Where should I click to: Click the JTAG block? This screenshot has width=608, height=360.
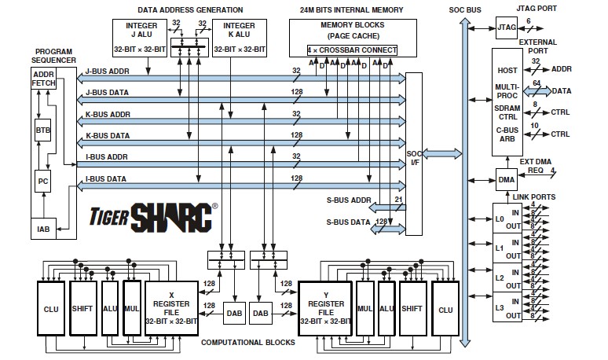(x=507, y=28)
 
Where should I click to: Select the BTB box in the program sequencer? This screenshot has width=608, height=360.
(x=42, y=130)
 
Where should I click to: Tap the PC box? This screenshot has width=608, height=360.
(x=42, y=181)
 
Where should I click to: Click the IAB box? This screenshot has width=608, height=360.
(x=43, y=229)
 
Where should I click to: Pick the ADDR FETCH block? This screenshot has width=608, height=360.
(x=43, y=79)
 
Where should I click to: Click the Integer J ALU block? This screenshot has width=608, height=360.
(x=140, y=38)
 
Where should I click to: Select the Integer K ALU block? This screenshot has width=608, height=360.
(x=240, y=38)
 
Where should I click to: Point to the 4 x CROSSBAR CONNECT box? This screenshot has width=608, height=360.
(x=352, y=50)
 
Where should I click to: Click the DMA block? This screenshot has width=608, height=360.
(x=507, y=180)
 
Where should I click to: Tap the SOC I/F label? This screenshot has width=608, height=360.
(x=414, y=158)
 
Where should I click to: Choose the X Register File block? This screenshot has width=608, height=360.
(x=171, y=308)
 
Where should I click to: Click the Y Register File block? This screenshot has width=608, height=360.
(x=325, y=308)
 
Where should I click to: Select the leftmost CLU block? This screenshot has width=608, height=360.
(x=51, y=308)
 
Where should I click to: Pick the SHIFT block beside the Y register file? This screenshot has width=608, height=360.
(x=412, y=308)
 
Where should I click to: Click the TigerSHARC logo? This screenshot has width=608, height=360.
(x=153, y=217)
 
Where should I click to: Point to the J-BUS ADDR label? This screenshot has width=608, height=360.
(x=108, y=72)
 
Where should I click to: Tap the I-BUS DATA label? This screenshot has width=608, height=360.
(x=106, y=179)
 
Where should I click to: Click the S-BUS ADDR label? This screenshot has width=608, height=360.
(x=349, y=200)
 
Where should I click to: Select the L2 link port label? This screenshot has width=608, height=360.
(x=500, y=278)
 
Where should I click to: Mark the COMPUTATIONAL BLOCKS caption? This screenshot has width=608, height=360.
(x=247, y=343)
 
